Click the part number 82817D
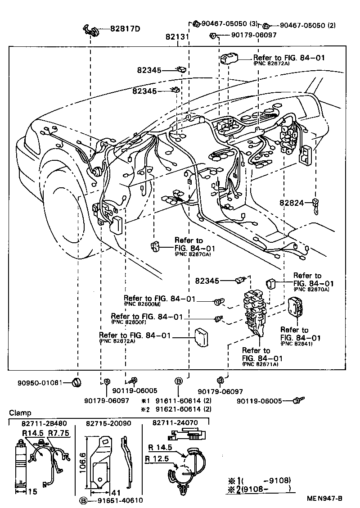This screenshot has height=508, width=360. [125, 29]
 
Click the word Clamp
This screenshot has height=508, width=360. [20, 413]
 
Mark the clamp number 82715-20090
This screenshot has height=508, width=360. [106, 423]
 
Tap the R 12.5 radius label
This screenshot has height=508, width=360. [157, 458]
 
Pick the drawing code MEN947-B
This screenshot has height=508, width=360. [325, 498]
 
